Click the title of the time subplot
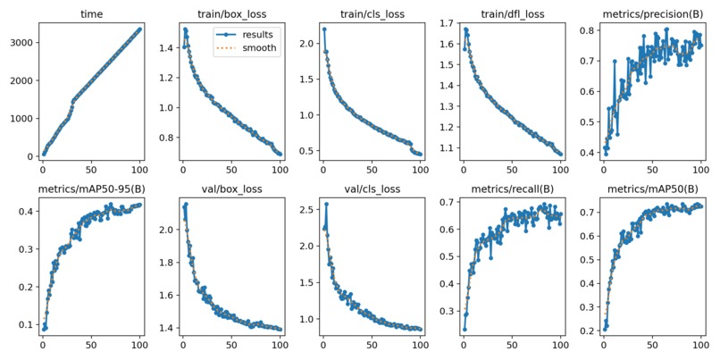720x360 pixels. tap(90, 14)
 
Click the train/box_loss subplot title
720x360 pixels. tap(230, 14)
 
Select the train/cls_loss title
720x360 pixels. tap(372, 14)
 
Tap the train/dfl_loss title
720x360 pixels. tap(512, 14)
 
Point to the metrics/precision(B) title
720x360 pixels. tap(652, 14)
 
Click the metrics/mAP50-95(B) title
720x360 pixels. tap(90, 190)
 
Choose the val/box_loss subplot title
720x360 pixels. tap(230, 190)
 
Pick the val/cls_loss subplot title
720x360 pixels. tap(372, 190)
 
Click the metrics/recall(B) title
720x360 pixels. tap(512, 190)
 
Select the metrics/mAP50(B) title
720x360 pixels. tap(652, 190)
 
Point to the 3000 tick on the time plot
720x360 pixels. tap(21, 42)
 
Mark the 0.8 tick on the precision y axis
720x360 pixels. tap(585, 30)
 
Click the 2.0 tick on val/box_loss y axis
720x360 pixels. tap(163, 230)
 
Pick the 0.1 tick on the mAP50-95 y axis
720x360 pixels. tap(23, 324)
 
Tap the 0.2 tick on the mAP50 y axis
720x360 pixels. tap(585, 331)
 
